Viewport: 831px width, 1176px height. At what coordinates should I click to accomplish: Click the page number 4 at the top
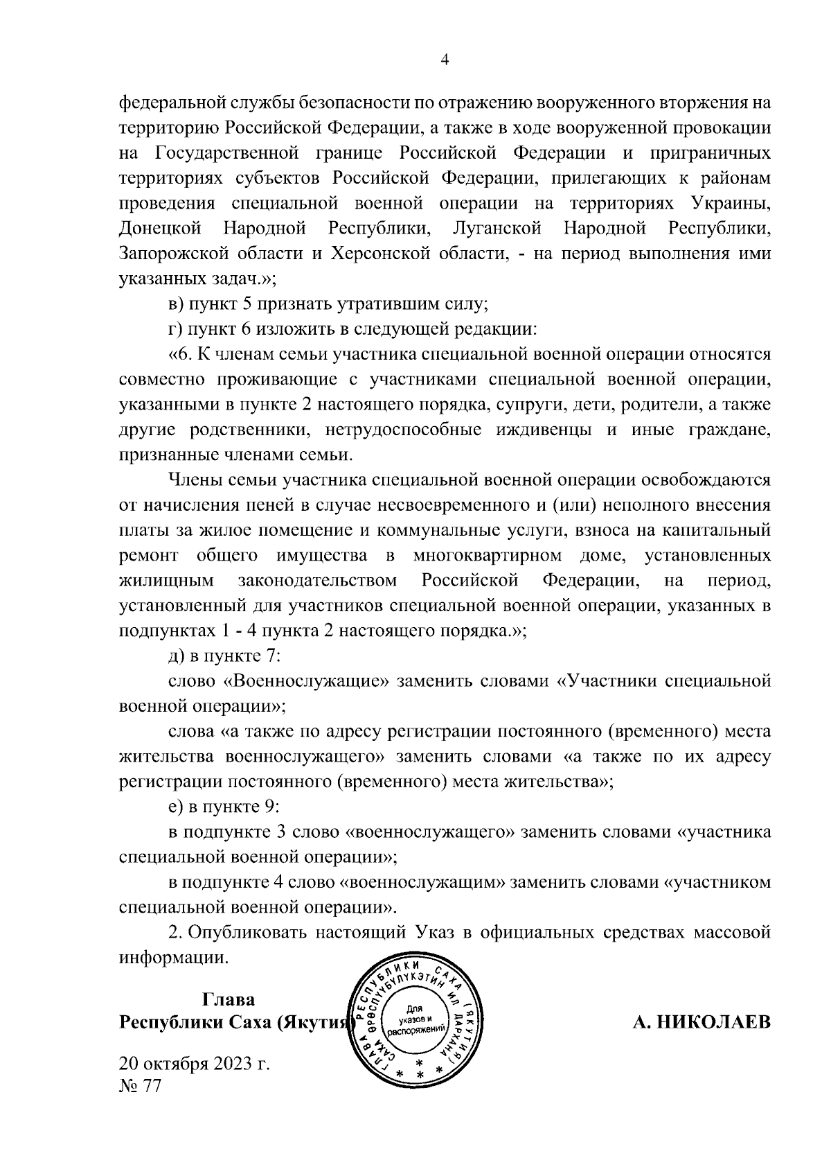[445, 61]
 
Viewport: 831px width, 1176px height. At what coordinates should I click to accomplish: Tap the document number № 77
[140, 1086]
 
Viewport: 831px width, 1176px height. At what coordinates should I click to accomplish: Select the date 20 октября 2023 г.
[194, 1063]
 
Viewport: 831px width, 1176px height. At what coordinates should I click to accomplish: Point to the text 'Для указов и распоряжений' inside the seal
[417, 1021]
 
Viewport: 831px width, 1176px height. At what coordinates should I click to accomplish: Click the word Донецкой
[160, 227]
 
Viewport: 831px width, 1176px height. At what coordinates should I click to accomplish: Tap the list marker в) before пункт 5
[177, 304]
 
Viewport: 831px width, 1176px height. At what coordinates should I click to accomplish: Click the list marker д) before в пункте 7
[177, 656]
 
